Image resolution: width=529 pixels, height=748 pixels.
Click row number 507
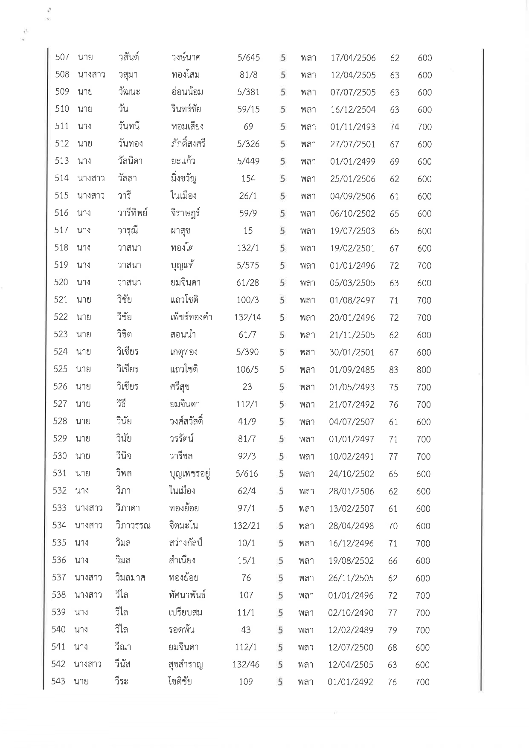[x=62, y=57]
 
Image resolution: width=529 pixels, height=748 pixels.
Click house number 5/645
[x=249, y=58]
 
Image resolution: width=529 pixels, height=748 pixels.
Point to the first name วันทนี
[x=129, y=127]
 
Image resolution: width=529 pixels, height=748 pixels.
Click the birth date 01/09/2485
[x=352, y=370]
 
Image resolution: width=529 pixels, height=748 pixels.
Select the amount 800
[x=424, y=370]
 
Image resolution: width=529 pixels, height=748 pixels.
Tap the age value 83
[x=394, y=370]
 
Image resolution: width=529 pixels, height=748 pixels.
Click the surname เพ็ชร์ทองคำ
[x=191, y=318]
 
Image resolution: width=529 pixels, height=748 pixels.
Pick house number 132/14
[x=248, y=317]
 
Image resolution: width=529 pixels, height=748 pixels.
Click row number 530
[x=60, y=456]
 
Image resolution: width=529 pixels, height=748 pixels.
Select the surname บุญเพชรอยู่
[x=190, y=474]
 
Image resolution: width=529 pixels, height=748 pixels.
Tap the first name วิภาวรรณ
[x=133, y=525]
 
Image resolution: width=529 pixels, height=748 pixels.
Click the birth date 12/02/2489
[x=351, y=630]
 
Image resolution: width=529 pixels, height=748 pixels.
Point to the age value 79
[x=392, y=630]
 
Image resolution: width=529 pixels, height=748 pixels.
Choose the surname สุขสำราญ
[x=186, y=664]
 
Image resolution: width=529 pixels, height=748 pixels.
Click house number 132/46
[x=246, y=664]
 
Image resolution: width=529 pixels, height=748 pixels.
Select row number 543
[x=58, y=681]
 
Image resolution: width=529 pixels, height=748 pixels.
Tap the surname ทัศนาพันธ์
[x=187, y=595]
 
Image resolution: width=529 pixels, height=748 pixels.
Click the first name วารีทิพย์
[x=133, y=213]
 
